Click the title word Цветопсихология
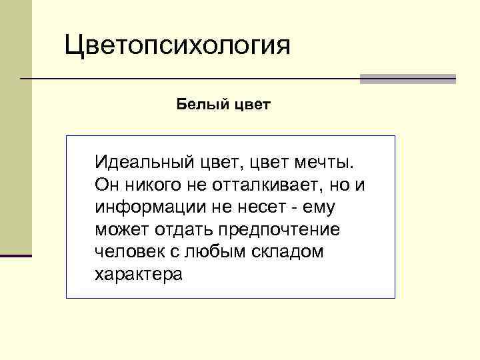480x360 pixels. pyautogui.click(x=177, y=47)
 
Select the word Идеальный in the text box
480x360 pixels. pyautogui.click(x=143, y=162)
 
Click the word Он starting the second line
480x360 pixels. pyautogui.click(x=106, y=185)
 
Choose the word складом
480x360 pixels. pyautogui.click(x=291, y=252)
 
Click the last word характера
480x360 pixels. pyautogui.click(x=138, y=275)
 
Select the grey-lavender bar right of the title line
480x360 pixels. pyautogui.click(x=407, y=79)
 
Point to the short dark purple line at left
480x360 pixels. pyautogui.click(x=15, y=255)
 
